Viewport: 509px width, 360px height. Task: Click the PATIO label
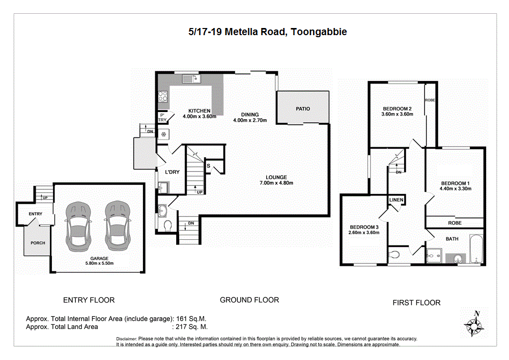click(x=303, y=108)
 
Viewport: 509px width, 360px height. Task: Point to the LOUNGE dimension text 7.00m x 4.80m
click(x=276, y=183)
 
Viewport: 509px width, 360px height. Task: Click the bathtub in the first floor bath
click(x=475, y=249)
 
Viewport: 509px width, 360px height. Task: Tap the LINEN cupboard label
click(x=397, y=200)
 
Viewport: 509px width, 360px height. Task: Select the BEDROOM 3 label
click(x=363, y=227)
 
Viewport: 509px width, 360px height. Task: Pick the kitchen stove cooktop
click(x=163, y=97)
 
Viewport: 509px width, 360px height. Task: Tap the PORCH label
click(x=38, y=243)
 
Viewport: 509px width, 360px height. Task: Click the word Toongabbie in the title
click(x=320, y=32)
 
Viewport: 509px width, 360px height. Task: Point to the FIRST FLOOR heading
click(x=416, y=302)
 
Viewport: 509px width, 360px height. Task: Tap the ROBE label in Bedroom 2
click(x=430, y=100)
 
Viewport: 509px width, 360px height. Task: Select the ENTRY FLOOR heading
click(x=89, y=300)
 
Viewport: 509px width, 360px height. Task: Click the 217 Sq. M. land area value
click(x=191, y=327)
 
